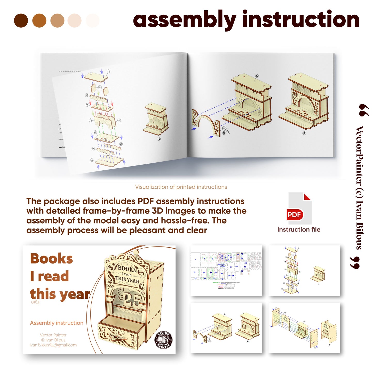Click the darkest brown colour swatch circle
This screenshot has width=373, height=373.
pos(21,21)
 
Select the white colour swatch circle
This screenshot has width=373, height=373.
pos(92,21)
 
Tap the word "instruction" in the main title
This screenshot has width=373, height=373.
pos(301,19)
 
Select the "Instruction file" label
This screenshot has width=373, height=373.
pos(299,229)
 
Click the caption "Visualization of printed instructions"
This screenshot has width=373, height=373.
pos(181,187)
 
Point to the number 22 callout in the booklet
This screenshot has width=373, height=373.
pos(108,72)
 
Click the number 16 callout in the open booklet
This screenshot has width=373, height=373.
pos(92,160)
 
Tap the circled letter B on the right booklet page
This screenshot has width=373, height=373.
pos(304,133)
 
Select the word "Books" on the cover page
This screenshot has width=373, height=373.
pos(51,259)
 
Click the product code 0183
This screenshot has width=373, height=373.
pos(35,302)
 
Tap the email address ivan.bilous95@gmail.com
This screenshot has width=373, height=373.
pos(53,345)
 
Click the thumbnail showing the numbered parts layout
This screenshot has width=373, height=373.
pos(226,271)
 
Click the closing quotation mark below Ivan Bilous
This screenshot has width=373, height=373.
pos(355,263)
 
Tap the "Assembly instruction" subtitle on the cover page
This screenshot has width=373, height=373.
pos(57,323)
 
